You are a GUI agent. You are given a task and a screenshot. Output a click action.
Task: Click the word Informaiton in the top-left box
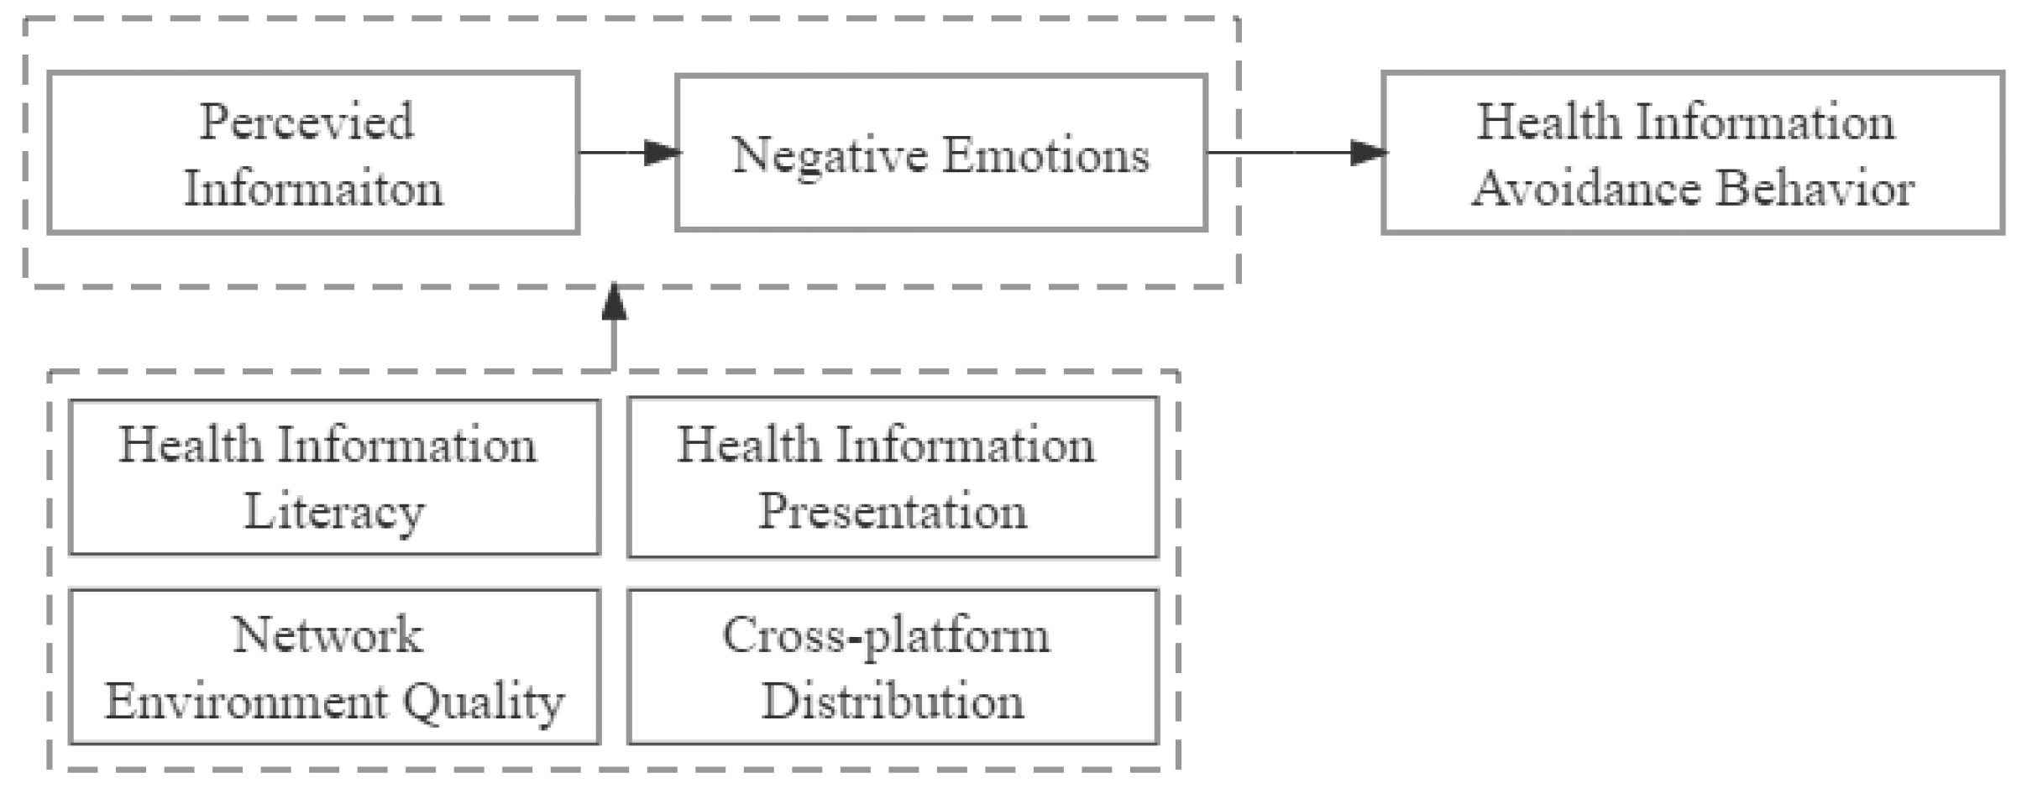coord(312,188)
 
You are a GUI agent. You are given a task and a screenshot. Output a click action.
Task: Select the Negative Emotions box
coord(940,153)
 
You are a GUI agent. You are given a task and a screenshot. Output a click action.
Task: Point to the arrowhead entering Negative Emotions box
coord(663,153)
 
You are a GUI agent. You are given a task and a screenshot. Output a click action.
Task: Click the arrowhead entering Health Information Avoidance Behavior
coord(1369,153)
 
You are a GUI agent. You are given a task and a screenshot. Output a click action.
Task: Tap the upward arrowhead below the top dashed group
coord(615,302)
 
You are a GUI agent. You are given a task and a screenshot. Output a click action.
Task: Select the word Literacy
coord(334,512)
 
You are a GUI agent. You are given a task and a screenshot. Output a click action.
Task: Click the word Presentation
coord(892,512)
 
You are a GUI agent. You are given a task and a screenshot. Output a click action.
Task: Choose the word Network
coord(327,634)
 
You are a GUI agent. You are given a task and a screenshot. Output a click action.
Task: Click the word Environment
coord(245,702)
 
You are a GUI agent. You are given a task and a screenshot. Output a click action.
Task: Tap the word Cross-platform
coord(886,636)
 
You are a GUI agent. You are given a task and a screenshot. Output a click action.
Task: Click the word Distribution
coord(892,702)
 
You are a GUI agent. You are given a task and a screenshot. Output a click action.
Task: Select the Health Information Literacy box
coord(334,477)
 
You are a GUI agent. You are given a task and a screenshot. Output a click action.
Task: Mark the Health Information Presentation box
coord(892,477)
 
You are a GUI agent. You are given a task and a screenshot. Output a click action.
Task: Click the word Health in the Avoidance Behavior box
coord(1548,123)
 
